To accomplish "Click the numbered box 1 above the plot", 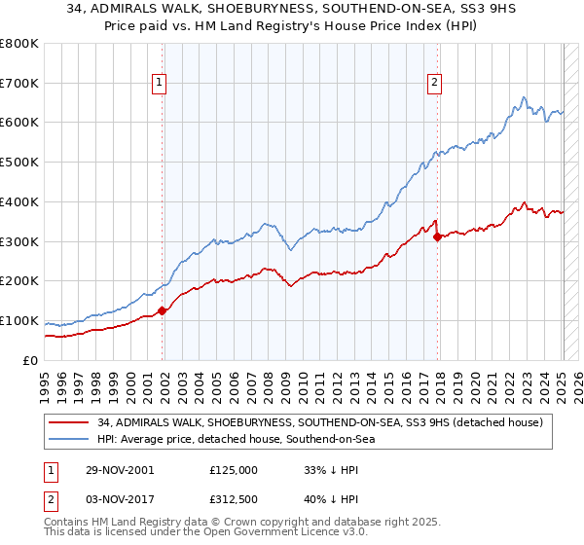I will point(159,84).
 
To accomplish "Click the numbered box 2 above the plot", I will point(434,84).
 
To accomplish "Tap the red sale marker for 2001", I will point(163,310).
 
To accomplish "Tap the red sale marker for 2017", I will point(437,236).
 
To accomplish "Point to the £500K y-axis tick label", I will point(19,163).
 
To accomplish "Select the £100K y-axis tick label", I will point(19,321).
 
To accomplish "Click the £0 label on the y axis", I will point(31,361).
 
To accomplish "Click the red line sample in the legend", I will point(68,422).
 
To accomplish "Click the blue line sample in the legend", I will point(68,439).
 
